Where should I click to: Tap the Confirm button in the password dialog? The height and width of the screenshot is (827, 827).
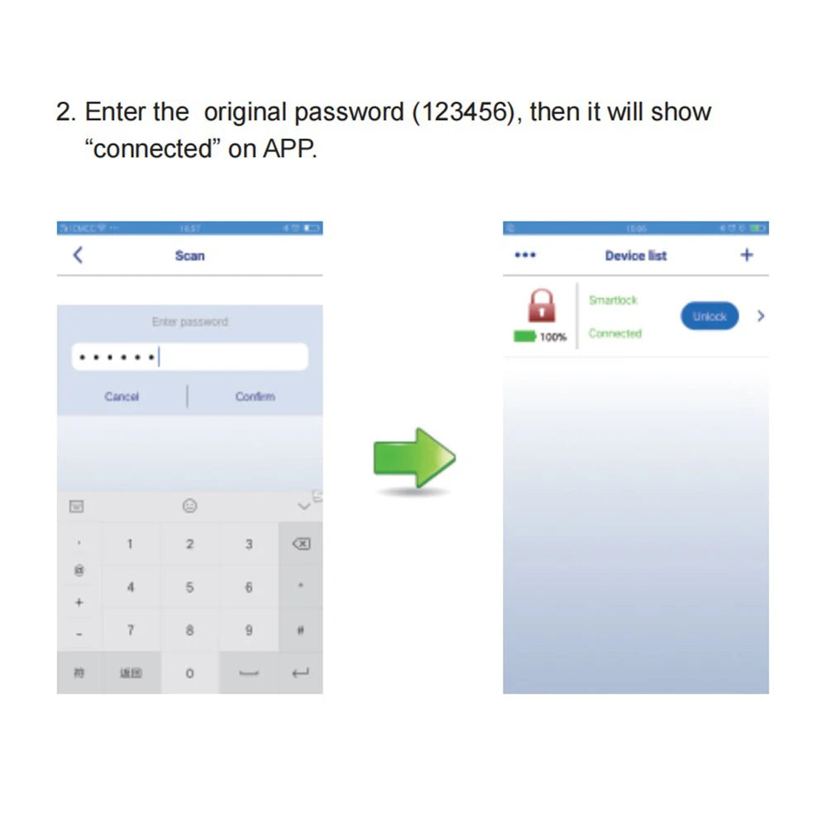[x=255, y=397]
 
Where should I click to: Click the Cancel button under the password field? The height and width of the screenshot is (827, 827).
[x=122, y=397]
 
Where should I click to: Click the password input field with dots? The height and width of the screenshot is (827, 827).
[x=189, y=357]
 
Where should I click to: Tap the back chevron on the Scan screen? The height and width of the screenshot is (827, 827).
[x=78, y=256]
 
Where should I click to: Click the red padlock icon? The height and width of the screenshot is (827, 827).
[x=541, y=305]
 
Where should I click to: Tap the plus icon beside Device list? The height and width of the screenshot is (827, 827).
[x=747, y=255]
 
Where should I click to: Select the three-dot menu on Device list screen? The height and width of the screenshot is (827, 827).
[x=525, y=255]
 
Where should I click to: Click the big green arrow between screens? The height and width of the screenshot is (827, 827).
[x=414, y=457]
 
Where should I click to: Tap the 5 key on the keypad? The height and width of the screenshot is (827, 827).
[x=189, y=587]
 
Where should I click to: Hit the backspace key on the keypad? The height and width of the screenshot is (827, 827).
[x=301, y=543]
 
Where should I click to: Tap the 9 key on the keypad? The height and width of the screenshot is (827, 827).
[x=249, y=630]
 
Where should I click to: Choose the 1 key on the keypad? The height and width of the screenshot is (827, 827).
[x=130, y=543]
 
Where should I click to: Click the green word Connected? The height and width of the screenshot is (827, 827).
[x=615, y=333]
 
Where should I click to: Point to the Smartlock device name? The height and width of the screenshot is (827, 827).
[x=613, y=300]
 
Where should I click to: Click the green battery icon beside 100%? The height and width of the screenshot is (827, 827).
[x=524, y=337]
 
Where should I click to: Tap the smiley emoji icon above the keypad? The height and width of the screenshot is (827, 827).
[x=189, y=505]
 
